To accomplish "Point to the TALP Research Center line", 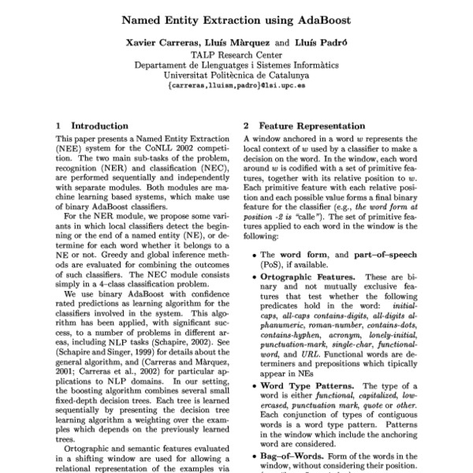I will [x=236, y=55].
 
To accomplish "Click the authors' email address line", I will [x=236, y=87].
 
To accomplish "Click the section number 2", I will [x=246, y=125].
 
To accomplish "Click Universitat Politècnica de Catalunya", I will [x=236, y=76].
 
